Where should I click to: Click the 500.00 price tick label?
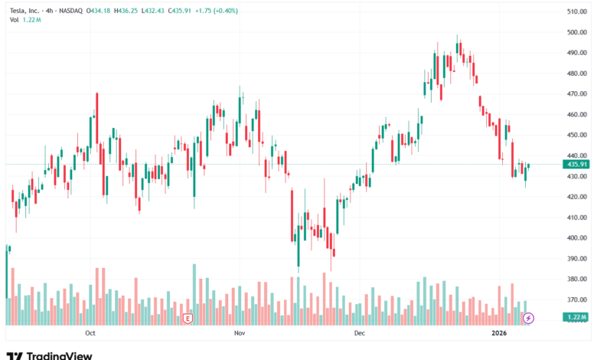click(576, 33)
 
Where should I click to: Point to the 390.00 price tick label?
click(576, 258)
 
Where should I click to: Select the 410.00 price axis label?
click(576, 218)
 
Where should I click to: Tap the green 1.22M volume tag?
click(576, 317)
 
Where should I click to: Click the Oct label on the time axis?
click(90, 333)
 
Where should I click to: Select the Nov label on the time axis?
click(240, 333)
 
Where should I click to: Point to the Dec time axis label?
click(360, 333)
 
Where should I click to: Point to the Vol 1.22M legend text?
click(25, 20)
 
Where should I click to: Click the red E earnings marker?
click(187, 317)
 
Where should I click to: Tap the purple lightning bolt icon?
click(527, 317)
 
